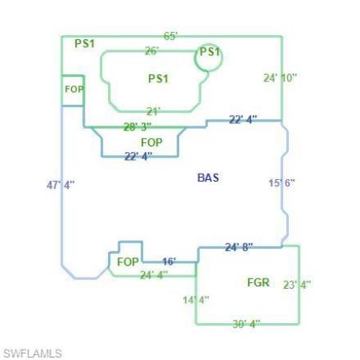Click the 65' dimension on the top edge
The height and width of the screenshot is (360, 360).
click(170, 36)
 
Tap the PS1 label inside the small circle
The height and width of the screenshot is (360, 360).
click(210, 52)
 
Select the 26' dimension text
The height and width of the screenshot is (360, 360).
click(152, 50)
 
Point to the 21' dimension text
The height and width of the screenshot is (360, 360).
click(154, 111)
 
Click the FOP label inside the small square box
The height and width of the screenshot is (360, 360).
click(74, 90)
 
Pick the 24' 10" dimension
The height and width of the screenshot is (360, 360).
click(280, 78)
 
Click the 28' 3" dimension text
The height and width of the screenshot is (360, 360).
click(138, 126)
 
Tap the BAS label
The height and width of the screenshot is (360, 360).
click(208, 178)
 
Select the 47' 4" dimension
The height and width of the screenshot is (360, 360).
click(61, 185)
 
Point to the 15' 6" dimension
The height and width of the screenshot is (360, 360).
click(282, 183)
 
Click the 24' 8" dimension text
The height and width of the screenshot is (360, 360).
click(239, 247)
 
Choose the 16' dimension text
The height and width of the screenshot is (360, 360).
click(170, 262)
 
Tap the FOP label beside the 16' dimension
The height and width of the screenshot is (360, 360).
click(128, 262)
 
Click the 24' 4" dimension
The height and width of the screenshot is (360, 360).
click(154, 275)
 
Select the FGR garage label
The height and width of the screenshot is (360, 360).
click(258, 282)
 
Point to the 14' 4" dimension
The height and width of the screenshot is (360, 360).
click(196, 300)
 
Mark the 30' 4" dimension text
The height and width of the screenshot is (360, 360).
click(246, 324)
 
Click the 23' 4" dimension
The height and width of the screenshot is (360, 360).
click(297, 285)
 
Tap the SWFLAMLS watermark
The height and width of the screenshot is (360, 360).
click(33, 354)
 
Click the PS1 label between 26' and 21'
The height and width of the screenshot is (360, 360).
click(158, 78)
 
